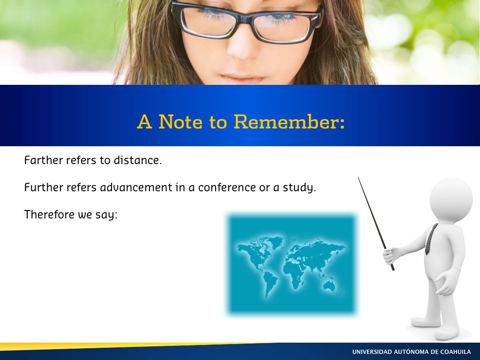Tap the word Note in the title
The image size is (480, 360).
[x=180, y=121]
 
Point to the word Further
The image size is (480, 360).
[x=44, y=187]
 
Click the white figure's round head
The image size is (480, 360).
[x=451, y=200]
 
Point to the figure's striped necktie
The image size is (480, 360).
[x=431, y=239]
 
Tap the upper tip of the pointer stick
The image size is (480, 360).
[x=358, y=177]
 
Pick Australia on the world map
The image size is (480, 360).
[x=330, y=286]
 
